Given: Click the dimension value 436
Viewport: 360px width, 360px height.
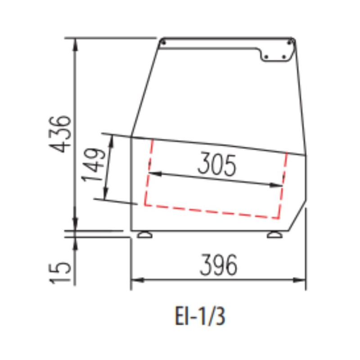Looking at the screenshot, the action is [59, 134].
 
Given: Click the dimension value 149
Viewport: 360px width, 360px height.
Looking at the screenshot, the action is [94, 165].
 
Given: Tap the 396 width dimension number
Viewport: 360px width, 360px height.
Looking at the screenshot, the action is [218, 265].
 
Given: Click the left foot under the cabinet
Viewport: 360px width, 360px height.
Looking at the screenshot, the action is [144, 234].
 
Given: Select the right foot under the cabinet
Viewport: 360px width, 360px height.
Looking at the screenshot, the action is [274, 234].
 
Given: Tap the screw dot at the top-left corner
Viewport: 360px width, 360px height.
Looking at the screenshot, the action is [164, 43].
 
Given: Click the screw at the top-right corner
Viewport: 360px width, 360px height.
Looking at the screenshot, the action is [290, 42].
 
